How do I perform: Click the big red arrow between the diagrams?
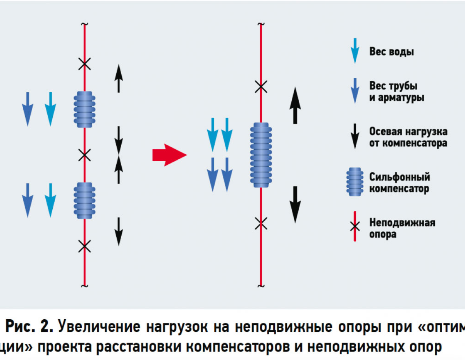(169, 155)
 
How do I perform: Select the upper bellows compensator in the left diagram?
(84, 109)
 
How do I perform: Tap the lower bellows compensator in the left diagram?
(84, 201)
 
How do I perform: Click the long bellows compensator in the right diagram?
(261, 155)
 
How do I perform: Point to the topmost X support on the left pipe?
(84, 64)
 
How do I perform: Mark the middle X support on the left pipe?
(84, 155)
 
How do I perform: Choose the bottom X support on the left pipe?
(84, 246)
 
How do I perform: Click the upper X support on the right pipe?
(261, 87)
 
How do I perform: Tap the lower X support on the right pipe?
(261, 223)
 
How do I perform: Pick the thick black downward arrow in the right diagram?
(295, 205)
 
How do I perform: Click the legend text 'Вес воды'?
(391, 52)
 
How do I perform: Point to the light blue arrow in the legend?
(355, 50)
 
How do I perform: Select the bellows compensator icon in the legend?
(355, 182)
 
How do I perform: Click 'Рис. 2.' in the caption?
(29, 327)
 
